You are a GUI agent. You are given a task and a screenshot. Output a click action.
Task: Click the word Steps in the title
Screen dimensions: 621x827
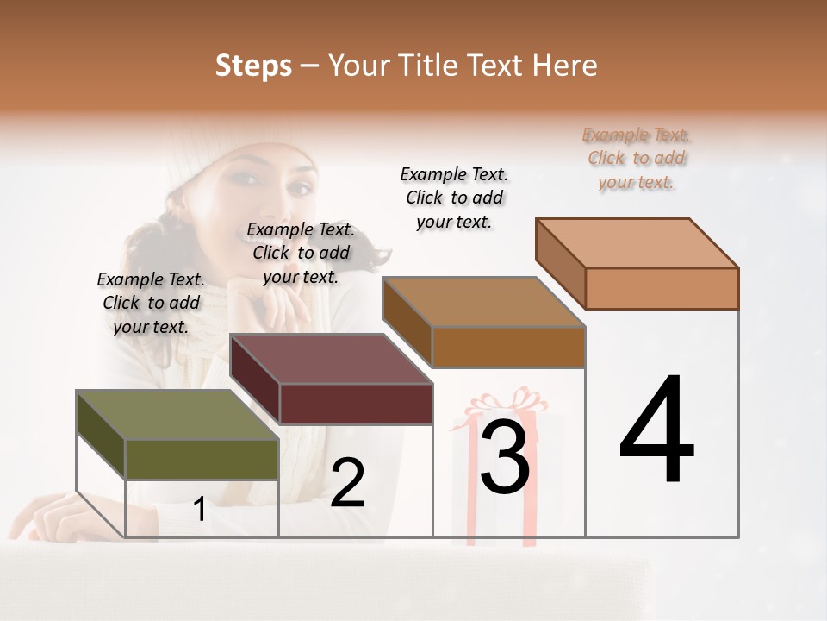253,66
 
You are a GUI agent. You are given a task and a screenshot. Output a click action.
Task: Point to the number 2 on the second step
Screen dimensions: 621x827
347,483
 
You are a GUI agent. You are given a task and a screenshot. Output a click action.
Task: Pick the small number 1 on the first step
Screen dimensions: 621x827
199,509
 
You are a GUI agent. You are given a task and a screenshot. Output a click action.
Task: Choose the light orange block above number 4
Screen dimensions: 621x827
637,243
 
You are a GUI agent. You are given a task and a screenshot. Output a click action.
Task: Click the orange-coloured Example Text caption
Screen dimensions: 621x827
637,158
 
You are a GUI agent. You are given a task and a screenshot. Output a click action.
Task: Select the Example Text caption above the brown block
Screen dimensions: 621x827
454,198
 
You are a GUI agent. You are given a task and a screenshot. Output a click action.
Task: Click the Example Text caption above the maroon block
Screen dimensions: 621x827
301,253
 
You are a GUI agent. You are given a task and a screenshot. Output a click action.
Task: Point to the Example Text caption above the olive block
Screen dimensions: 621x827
151,303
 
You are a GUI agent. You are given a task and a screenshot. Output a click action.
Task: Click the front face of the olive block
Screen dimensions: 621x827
202,459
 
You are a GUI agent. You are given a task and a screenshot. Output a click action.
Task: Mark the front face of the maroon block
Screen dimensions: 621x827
356,404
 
